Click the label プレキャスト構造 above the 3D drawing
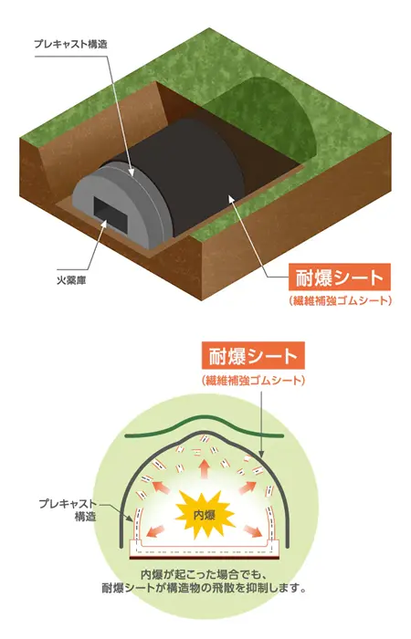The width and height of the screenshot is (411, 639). (70, 44)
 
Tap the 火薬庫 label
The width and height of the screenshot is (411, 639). (71, 280)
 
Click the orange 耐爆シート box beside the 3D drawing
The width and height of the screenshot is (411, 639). (340, 278)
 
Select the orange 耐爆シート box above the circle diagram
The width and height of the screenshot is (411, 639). (253, 355)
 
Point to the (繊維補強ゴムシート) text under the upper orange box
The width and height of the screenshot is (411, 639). (340, 300)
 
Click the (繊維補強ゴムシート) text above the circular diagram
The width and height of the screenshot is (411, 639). (253, 381)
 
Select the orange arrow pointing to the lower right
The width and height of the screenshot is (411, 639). (253, 531)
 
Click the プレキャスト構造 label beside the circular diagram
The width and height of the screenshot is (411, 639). (68, 509)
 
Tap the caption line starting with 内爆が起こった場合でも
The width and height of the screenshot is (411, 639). (204, 574)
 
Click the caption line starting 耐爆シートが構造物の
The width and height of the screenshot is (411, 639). (205, 589)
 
